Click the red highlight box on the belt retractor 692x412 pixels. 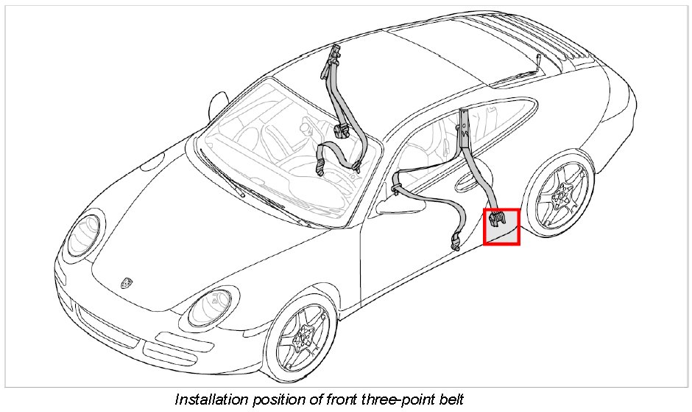pyautogui.click(x=501, y=226)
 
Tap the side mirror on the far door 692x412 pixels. pyautogui.click(x=218, y=104)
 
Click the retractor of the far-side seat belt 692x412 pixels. pyautogui.click(x=340, y=131)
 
